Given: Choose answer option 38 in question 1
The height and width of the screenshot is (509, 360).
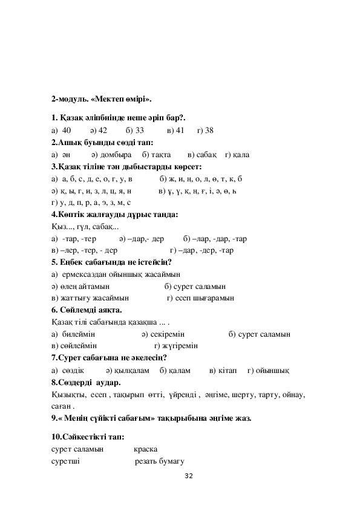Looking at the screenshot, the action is (x=209, y=130).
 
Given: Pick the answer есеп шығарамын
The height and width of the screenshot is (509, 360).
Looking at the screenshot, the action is (x=205, y=298).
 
